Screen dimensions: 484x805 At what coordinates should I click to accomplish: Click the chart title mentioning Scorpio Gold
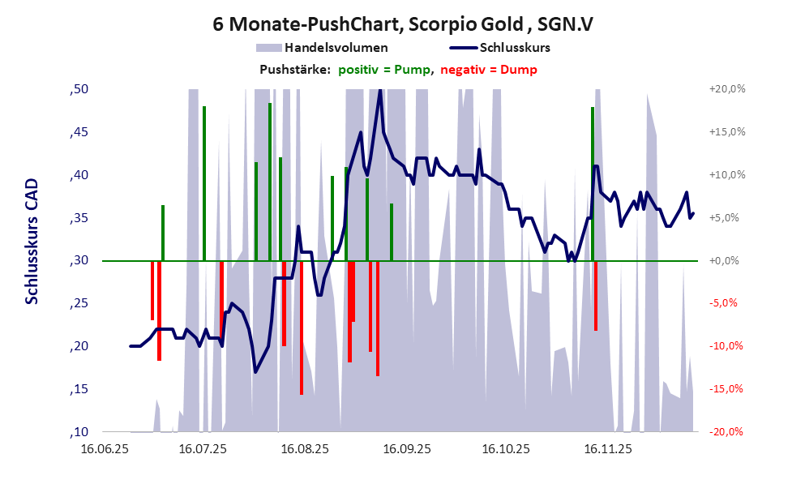[402, 24]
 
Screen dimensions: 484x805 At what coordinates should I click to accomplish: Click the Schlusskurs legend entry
[515, 48]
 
